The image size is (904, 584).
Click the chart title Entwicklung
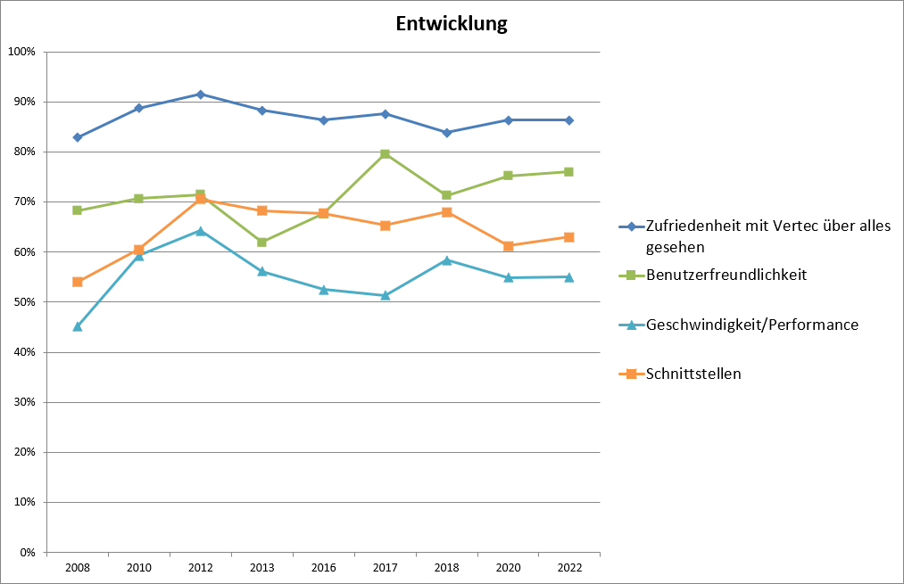coord(452,24)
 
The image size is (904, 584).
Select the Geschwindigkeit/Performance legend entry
coord(751,325)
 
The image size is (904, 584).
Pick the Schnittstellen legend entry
coord(693,374)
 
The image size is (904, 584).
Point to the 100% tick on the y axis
coord(21,52)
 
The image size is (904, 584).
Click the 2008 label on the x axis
coord(77,568)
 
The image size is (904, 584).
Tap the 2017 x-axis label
coord(385,568)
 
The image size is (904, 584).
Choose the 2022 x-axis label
coord(569,568)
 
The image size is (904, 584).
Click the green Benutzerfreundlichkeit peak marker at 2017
coord(385,154)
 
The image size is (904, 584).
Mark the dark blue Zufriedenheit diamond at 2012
coord(200,94)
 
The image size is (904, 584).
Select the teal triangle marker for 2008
coord(77,326)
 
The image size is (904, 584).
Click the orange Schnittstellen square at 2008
coord(77,282)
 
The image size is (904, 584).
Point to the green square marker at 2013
coord(261,243)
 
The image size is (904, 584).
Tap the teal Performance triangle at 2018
coord(446,260)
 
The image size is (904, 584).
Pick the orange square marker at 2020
coord(508,246)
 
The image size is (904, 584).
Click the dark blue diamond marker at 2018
coord(446,133)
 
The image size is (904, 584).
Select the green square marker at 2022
coord(569,172)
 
